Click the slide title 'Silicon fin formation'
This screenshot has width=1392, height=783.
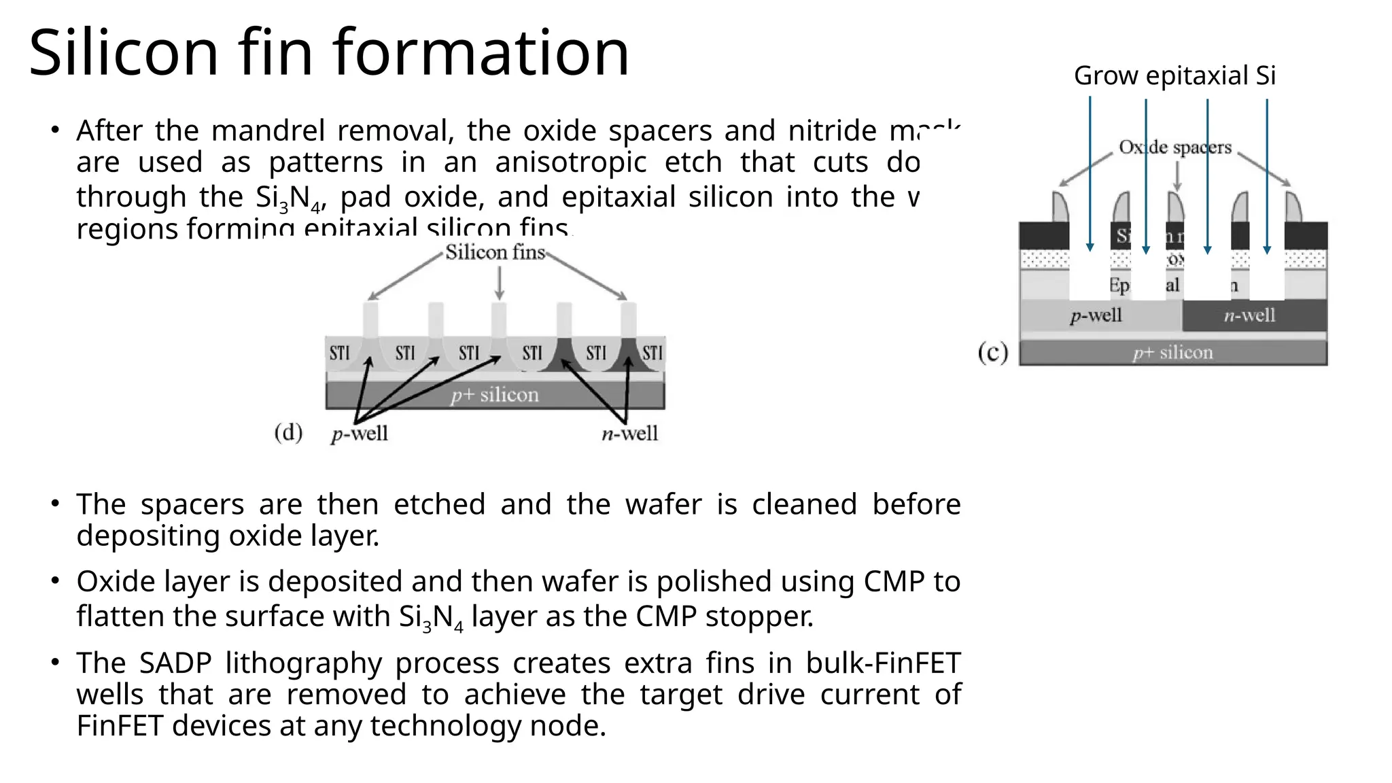click(x=329, y=53)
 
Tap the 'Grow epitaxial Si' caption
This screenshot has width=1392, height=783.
click(x=1174, y=75)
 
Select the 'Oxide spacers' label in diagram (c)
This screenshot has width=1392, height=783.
click(x=1174, y=147)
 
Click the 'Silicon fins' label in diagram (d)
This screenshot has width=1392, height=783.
click(x=495, y=253)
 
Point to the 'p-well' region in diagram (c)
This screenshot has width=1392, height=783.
click(x=1096, y=315)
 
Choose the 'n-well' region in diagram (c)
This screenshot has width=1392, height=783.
click(x=1249, y=315)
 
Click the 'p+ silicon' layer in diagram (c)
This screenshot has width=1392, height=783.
click(x=1172, y=353)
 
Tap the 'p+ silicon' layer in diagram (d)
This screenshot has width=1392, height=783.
click(x=494, y=395)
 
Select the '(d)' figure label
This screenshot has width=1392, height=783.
click(x=288, y=432)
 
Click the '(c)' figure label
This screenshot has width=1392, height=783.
click(x=992, y=353)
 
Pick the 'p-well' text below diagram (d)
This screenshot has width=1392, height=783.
click(x=360, y=434)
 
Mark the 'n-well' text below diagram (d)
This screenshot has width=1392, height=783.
click(x=629, y=434)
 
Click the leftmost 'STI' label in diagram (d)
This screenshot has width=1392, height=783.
click(x=339, y=353)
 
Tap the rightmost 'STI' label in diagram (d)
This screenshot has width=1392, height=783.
click(x=652, y=353)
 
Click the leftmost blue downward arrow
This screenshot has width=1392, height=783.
click(x=1090, y=173)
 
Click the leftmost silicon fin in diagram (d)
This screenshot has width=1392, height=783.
click(x=370, y=319)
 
